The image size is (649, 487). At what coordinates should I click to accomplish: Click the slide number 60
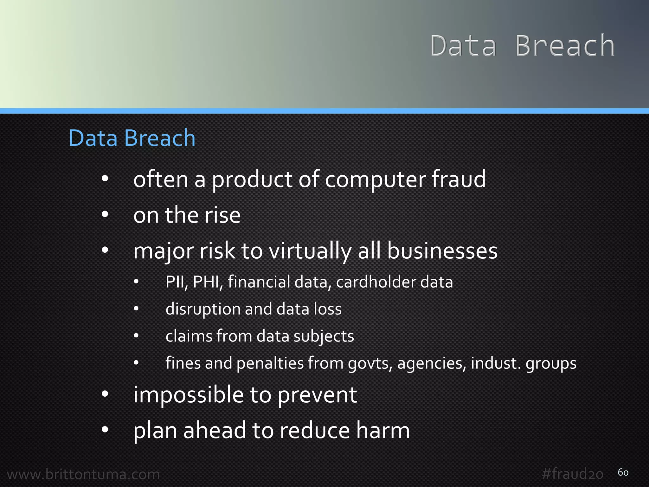pos(623,472)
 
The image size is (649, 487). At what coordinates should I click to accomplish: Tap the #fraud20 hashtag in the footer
pos(572,474)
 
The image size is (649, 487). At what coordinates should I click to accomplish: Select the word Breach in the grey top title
pos(565,46)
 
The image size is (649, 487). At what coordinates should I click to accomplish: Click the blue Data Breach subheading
pos(132,138)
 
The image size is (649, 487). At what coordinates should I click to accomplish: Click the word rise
pos(222,215)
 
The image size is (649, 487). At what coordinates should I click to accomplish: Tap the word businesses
pos(442,251)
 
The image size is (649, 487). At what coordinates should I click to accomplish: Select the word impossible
pos(189,395)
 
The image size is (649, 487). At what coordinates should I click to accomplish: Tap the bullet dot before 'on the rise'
pos(105,215)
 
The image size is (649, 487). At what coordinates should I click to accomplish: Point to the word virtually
pos(310,251)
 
